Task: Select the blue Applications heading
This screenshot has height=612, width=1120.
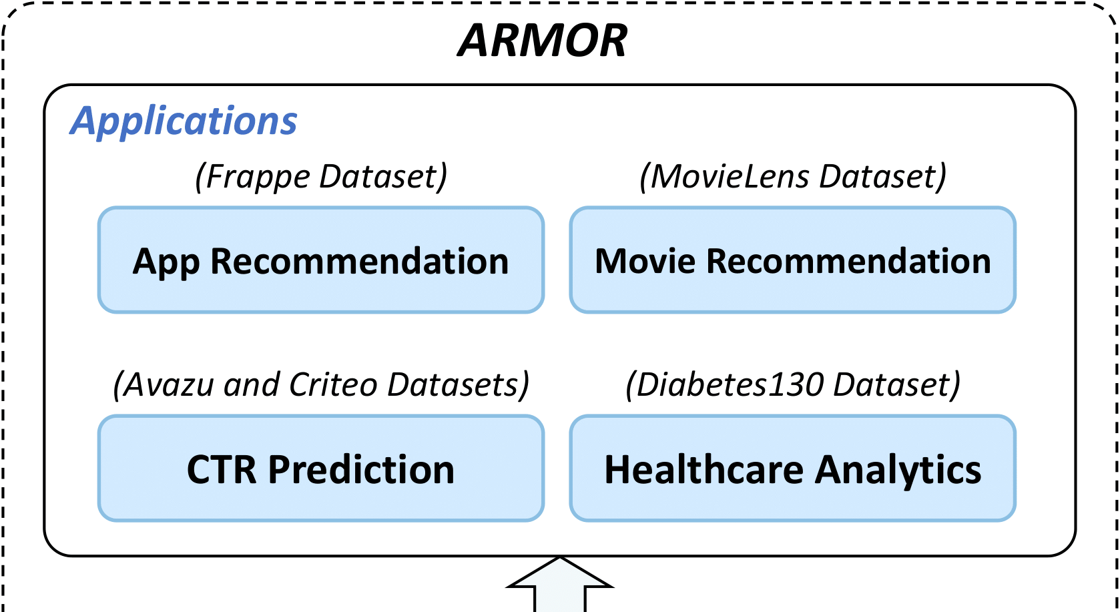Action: point(184,121)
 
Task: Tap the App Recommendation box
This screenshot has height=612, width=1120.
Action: point(321,260)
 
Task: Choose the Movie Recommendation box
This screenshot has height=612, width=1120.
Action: point(792,260)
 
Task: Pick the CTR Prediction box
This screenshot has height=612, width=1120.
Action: point(321,469)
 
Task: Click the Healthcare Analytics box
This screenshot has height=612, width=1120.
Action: point(792,469)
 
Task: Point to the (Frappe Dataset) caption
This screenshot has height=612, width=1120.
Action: point(321,177)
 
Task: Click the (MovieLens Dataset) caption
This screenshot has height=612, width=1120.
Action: point(792,177)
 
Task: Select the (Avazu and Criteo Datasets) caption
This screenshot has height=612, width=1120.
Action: point(321,385)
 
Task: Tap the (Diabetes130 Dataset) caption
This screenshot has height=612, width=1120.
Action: point(792,385)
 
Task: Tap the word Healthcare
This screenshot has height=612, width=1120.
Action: point(704,469)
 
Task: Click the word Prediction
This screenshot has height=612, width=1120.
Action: point(361,469)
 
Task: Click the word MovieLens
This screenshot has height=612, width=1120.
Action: point(730,177)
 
